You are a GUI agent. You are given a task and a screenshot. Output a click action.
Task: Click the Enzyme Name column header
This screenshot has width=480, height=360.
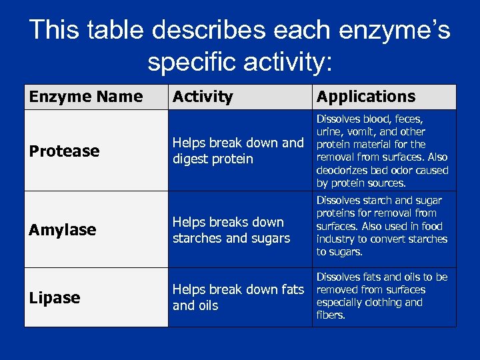(x=85, y=97)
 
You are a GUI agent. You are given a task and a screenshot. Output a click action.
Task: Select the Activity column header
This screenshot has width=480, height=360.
(x=203, y=97)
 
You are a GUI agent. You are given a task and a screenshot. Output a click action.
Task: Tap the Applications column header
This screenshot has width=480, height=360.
(x=365, y=97)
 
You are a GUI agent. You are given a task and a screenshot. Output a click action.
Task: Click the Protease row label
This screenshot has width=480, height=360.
(x=64, y=151)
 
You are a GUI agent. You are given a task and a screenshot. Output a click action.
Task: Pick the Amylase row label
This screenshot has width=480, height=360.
(x=63, y=230)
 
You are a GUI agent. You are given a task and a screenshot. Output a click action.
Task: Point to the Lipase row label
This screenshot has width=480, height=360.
(x=55, y=298)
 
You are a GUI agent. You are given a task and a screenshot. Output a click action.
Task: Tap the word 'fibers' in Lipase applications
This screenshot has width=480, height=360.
(x=330, y=315)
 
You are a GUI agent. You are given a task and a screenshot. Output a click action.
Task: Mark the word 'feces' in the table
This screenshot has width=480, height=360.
(x=409, y=119)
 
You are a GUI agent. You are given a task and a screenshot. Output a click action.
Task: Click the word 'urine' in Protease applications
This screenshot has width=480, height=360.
(x=330, y=132)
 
